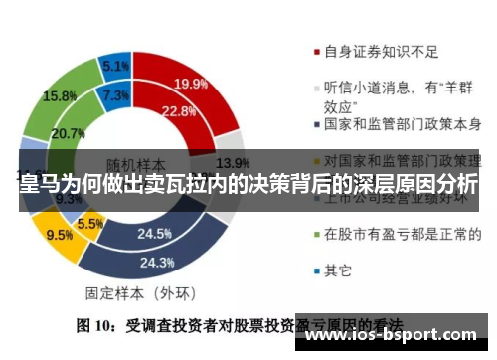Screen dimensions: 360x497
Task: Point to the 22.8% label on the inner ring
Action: coord(178,110)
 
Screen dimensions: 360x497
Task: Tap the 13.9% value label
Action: coord(232,163)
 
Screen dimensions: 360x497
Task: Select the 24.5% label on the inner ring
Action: coord(155,235)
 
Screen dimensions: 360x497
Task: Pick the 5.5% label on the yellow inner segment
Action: coord(90,224)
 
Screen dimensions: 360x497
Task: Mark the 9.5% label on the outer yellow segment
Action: coord(60,236)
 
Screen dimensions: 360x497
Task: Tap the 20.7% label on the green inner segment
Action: coord(69,133)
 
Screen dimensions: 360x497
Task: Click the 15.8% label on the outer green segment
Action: coord(60,96)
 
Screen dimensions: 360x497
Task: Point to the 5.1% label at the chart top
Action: coord(115,67)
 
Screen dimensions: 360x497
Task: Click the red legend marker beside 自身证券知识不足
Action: coord(314,53)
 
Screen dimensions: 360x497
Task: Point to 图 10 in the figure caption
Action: coord(99,324)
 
